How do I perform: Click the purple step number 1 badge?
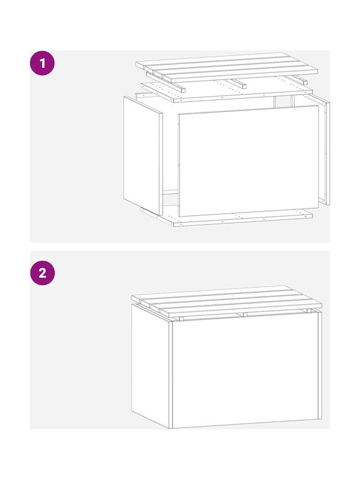point(42,63)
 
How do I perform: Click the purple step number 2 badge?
point(42,273)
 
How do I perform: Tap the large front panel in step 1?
point(249,161)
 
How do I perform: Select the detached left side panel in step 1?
point(143,155)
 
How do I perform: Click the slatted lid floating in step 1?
point(227,67)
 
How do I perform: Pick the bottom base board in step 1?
point(227,217)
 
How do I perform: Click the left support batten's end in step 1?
point(183,90)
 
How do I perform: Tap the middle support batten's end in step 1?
point(244,86)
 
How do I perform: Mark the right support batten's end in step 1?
point(305,83)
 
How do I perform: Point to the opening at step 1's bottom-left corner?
point(170,198)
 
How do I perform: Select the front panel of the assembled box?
point(245,370)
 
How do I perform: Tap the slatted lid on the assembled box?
point(227,301)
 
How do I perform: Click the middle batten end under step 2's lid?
point(245,315)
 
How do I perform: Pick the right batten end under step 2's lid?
point(309,311)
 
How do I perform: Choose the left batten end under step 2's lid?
point(181,319)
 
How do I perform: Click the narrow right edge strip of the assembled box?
point(320,365)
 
